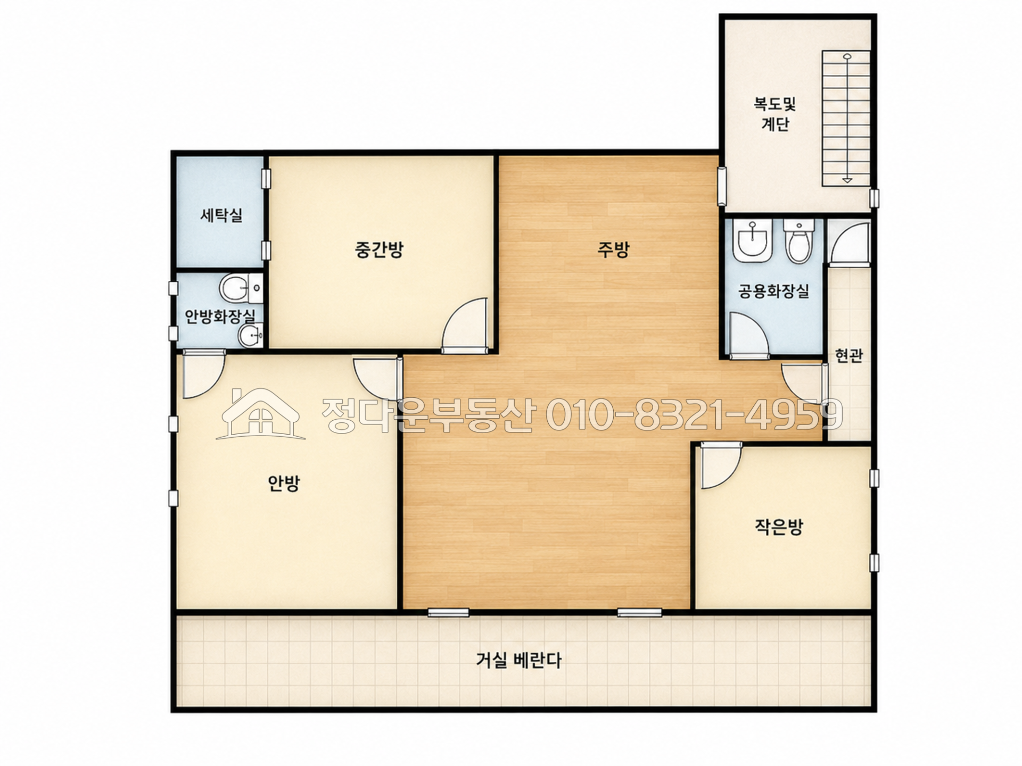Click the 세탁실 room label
pyautogui.click(x=221, y=215)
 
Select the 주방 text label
pyautogui.click(x=613, y=249)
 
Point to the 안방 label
pyautogui.click(x=284, y=483)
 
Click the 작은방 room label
pyautogui.click(x=778, y=527)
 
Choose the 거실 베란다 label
pyautogui.click(x=518, y=661)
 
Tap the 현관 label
pyautogui.click(x=848, y=355)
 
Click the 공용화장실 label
pyautogui.click(x=773, y=291)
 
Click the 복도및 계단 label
pyautogui.click(x=774, y=114)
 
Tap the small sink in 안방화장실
pyautogui.click(x=250, y=336)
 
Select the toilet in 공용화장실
pyautogui.click(x=799, y=242)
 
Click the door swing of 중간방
pyautogui.click(x=464, y=326)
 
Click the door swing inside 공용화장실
pyautogui.click(x=749, y=335)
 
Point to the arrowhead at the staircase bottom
pyautogui.click(x=847, y=180)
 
